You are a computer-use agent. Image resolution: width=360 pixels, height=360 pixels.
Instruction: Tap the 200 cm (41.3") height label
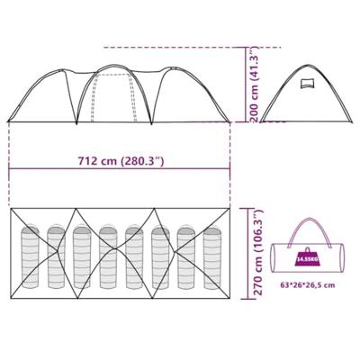(x=256, y=84)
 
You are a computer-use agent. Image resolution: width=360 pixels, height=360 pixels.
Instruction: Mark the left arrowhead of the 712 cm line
(x=11, y=172)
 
